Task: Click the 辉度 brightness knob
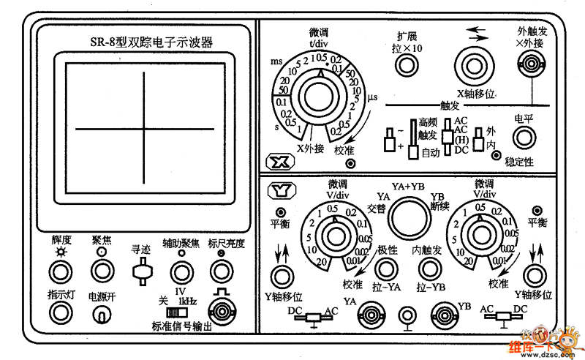[60, 271]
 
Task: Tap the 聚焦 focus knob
[101, 271]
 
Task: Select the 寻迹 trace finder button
[140, 272]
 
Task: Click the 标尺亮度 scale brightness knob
[220, 271]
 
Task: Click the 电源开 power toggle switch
[101, 315]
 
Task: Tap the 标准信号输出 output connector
[220, 307]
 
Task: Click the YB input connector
[444, 315]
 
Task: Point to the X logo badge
[278, 162]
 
